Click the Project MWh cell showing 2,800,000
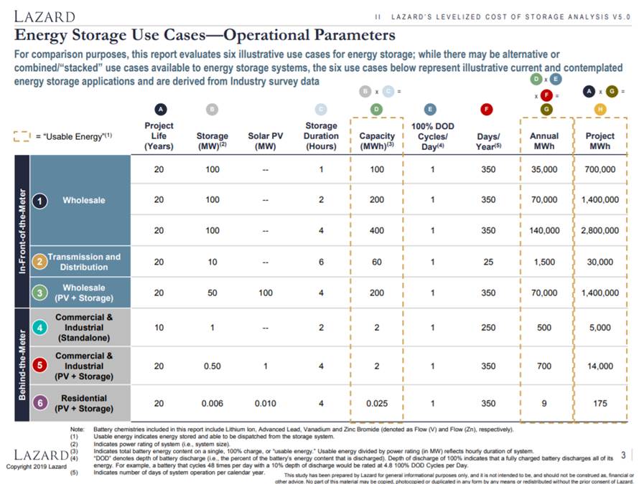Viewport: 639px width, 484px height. [x=600, y=231]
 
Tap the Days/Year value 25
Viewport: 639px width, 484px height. [x=488, y=262]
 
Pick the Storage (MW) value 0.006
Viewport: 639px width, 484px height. [x=212, y=404]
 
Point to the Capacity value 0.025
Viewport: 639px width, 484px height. [x=377, y=404]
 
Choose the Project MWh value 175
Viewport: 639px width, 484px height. [x=600, y=404]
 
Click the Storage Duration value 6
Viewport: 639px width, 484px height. [x=321, y=262]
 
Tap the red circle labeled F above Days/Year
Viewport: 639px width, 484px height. [x=488, y=110]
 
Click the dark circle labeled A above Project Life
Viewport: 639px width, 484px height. [x=159, y=110]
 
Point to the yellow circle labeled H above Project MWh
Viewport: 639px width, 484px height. [x=600, y=110]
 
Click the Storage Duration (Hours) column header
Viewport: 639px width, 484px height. [x=321, y=136]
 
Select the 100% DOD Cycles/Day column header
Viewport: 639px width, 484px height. [x=430, y=136]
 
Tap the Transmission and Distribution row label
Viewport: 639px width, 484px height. [x=84, y=262]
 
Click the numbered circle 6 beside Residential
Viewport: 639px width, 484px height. [x=41, y=404]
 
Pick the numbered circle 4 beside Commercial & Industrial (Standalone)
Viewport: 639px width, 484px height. [x=41, y=328]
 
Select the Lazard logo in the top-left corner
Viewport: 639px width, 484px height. [x=45, y=16]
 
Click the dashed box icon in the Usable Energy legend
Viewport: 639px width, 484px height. [x=22, y=136]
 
